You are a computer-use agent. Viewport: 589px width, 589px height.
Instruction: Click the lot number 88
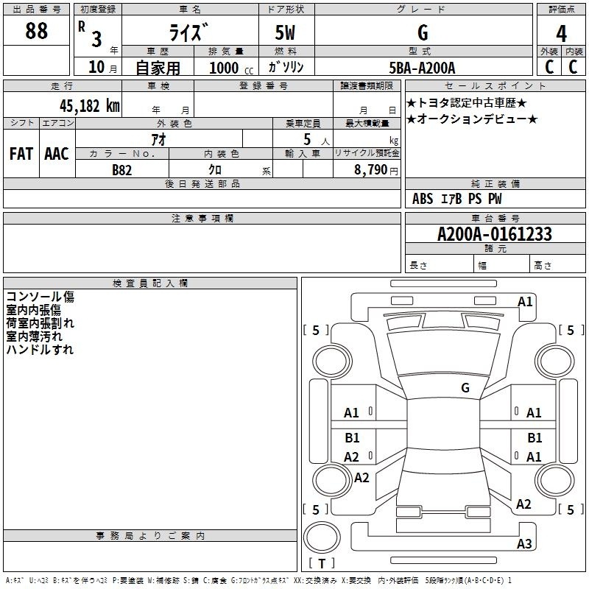36,30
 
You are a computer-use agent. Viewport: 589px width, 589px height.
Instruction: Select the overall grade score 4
561,33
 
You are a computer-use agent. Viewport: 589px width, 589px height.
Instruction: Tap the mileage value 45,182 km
89,105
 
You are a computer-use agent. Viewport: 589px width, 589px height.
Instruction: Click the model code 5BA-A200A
422,68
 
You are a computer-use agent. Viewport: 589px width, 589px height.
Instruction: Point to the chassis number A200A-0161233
494,234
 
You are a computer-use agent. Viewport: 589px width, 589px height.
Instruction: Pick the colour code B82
121,170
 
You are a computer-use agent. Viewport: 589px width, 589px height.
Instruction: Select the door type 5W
285,32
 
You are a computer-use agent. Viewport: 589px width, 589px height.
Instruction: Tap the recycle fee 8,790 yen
376,170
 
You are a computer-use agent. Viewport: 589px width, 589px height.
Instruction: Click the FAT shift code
21,154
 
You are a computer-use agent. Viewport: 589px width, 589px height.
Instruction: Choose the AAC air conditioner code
57,154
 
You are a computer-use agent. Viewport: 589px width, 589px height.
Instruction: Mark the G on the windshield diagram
465,387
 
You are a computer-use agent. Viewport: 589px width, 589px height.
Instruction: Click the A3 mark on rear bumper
524,543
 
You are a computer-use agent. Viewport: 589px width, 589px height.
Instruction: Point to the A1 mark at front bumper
525,302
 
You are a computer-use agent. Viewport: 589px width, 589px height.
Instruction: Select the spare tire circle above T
322,537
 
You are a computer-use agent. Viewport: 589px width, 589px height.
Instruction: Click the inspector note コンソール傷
40,297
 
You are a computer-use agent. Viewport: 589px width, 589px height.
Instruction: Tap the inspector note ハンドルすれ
40,349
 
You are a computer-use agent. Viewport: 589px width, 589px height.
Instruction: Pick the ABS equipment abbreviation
423,199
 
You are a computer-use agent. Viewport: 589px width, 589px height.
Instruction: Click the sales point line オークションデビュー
472,119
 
